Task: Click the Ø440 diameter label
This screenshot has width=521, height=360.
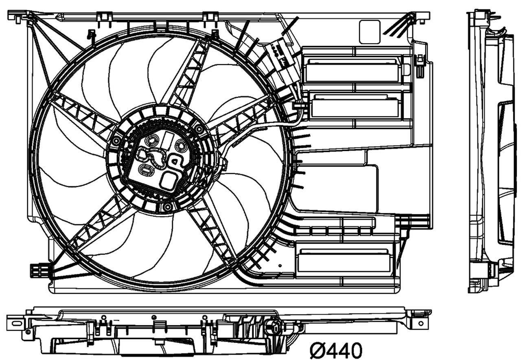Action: click(x=336, y=349)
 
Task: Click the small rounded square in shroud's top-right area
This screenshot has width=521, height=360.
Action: click(x=370, y=32)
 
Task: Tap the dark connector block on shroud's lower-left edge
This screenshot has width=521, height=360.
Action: click(x=40, y=270)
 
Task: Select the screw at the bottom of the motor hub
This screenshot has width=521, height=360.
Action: click(x=167, y=207)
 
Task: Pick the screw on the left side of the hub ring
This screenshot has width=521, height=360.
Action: click(x=116, y=141)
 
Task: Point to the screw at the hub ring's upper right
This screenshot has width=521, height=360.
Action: click(x=199, y=130)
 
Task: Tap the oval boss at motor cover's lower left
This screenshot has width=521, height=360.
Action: click(x=146, y=170)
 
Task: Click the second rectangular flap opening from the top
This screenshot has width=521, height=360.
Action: click(x=355, y=105)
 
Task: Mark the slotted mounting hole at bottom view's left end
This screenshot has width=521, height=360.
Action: click(x=16, y=323)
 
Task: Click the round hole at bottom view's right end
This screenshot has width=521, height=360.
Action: click(x=420, y=323)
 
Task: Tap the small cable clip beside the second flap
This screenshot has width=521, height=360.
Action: click(x=299, y=106)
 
